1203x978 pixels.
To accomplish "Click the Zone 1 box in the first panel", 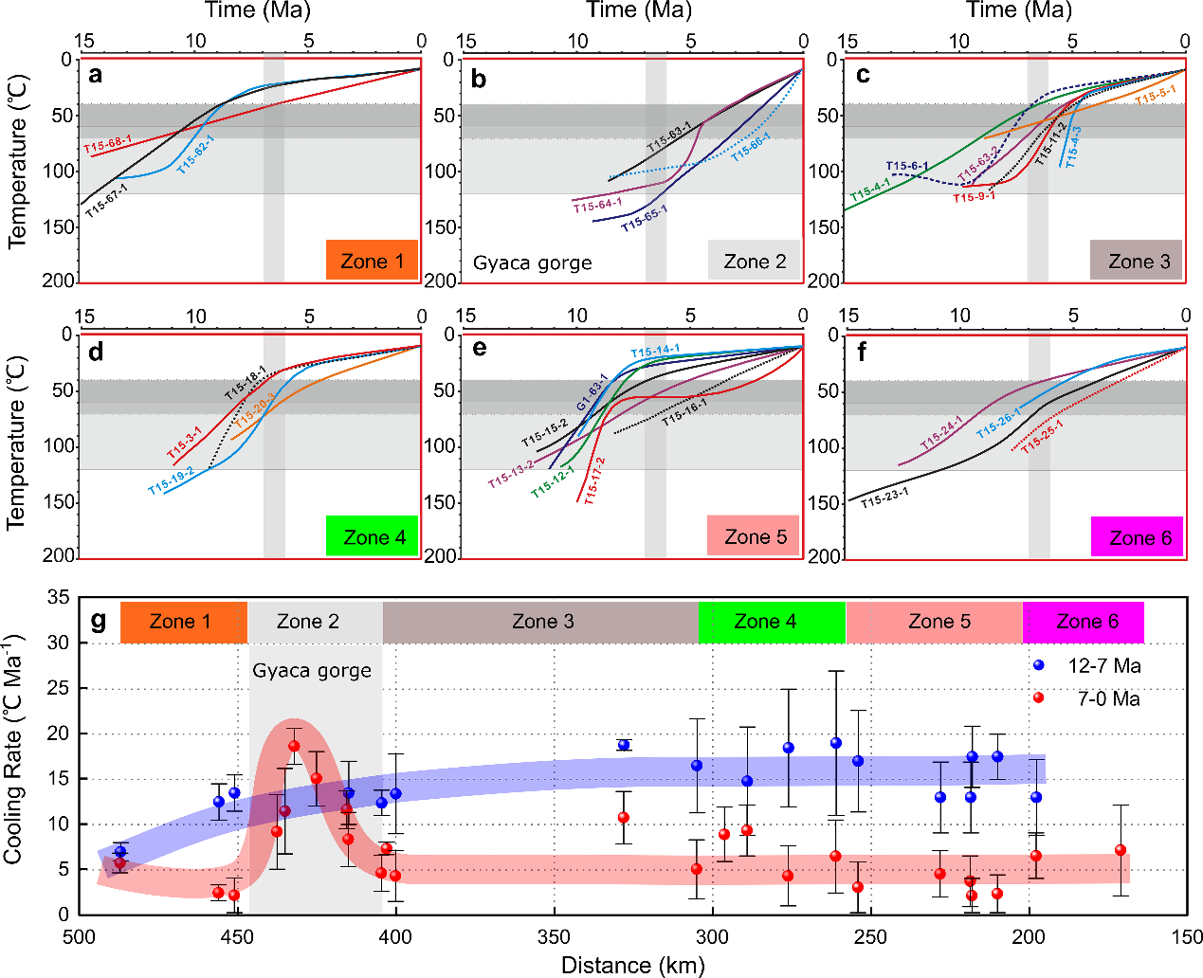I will click(372, 261).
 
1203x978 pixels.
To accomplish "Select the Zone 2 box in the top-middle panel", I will click(755, 261).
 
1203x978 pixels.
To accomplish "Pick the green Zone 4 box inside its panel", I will click(373, 537).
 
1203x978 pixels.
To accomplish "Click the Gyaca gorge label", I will click(312, 671).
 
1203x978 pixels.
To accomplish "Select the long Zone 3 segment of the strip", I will click(541, 622).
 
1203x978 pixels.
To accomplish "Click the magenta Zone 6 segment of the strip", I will click(1085, 622).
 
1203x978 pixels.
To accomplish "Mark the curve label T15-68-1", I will click(107, 146).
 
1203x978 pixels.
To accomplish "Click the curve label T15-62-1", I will click(195, 153).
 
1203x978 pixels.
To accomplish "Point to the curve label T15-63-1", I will click(669, 137).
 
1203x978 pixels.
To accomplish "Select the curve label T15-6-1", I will click(907, 167).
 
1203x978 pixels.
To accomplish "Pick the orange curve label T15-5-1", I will click(1156, 95).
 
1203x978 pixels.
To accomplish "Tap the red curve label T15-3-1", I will click(185, 443).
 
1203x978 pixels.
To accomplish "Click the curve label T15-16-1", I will click(684, 412).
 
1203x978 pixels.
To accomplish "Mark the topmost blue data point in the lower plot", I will click(1038, 665).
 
